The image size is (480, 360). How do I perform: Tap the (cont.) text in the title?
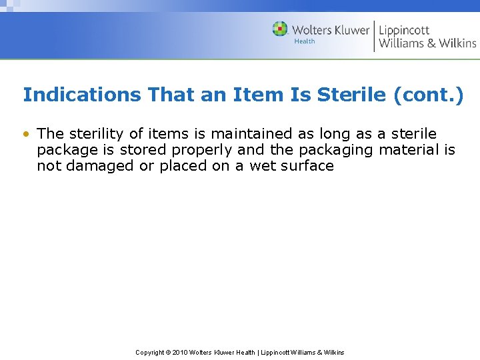pyautogui.click(x=428, y=95)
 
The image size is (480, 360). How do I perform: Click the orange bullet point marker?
pyautogui.click(x=25, y=134)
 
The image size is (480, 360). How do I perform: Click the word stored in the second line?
pyautogui.click(x=143, y=150)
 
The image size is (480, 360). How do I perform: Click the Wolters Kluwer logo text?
pyautogui.click(x=330, y=30)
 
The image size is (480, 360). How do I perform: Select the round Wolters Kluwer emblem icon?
pyautogui.click(x=280, y=29)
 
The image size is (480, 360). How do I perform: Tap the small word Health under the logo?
pyautogui.click(x=305, y=41)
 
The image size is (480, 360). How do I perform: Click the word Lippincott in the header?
pyautogui.click(x=404, y=30)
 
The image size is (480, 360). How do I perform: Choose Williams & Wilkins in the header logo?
pyautogui.click(x=427, y=43)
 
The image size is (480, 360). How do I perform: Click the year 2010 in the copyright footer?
pyautogui.click(x=180, y=353)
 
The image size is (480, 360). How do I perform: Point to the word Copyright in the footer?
pyautogui.click(x=150, y=353)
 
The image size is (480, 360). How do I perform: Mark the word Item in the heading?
pyautogui.click(x=258, y=95)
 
